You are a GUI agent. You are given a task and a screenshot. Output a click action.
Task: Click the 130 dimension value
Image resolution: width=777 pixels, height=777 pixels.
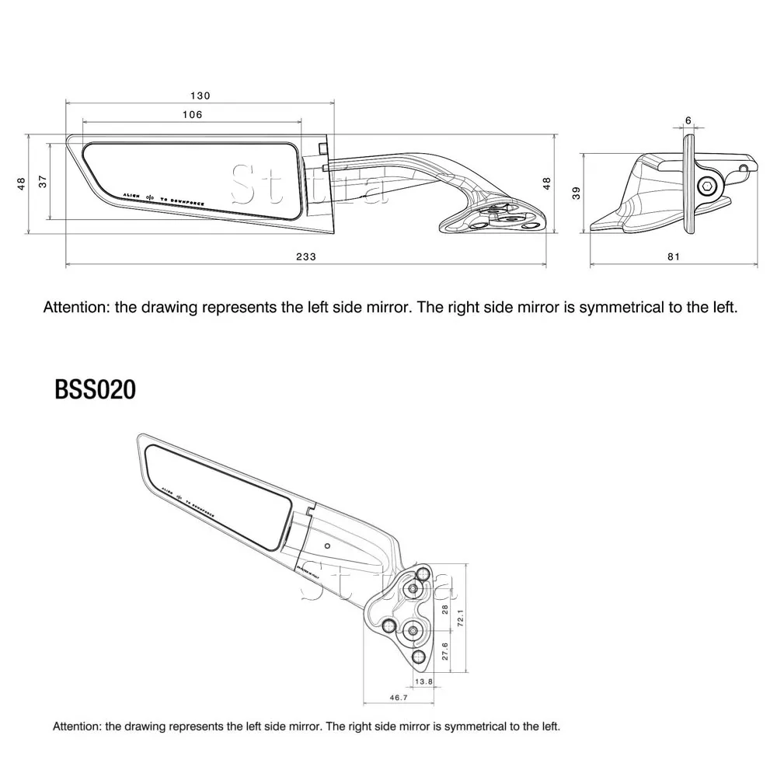[200, 96]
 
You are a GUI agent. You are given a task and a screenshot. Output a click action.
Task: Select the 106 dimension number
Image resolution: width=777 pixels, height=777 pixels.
[192, 114]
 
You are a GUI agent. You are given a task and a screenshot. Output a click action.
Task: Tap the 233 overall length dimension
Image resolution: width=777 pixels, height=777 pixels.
[306, 257]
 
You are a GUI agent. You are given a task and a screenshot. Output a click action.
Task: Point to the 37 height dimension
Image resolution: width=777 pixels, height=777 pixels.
[43, 181]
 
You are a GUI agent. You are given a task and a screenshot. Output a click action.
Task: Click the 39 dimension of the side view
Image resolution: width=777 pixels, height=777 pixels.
[577, 192]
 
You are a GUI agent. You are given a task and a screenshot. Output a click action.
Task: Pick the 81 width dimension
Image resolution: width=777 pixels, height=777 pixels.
[673, 257]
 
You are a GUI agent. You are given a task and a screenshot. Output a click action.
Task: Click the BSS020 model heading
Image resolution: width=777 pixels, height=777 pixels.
[95, 389]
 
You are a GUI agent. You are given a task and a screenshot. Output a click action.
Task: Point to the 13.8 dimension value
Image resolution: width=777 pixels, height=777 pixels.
[424, 681]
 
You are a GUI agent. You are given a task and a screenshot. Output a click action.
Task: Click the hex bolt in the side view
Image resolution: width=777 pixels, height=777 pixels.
[707, 185]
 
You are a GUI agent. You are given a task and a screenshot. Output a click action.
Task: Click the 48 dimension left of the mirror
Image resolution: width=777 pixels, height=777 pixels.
[22, 183]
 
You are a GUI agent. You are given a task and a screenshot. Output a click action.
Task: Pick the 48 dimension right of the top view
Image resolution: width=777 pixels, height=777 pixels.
[547, 183]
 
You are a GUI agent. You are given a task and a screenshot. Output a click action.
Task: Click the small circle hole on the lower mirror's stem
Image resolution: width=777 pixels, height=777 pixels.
[328, 546]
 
